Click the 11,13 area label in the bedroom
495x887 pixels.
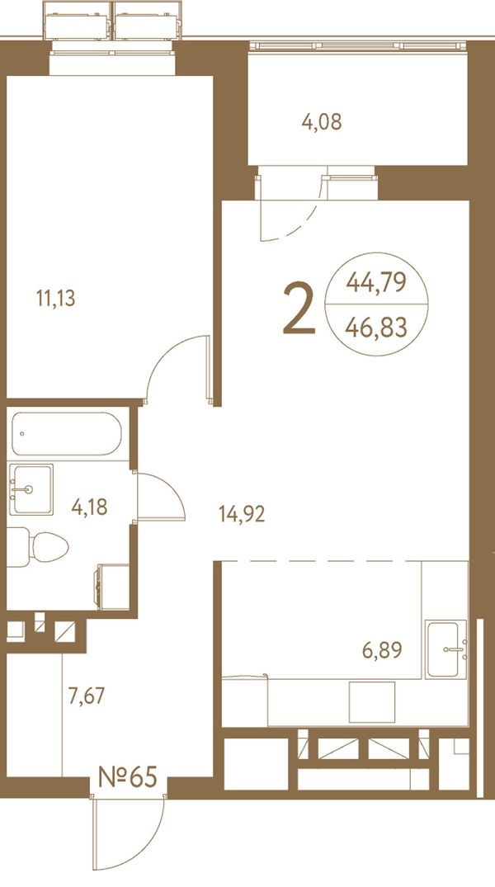coord(55,298)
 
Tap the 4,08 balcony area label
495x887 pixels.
coord(321,121)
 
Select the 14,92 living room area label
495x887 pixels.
coord(242,514)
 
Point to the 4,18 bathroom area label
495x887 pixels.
coord(89,507)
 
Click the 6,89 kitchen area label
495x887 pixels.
coord(382,650)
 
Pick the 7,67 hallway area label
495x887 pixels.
coord(86,696)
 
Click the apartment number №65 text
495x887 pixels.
coord(127,777)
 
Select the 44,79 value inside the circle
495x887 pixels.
coord(376,281)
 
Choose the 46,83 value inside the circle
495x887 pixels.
coord(376,327)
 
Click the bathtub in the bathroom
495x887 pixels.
coord(67,433)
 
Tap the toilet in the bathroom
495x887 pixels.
coord(39,547)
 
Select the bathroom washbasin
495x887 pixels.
coord(31,489)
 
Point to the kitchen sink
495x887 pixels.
coord(446,649)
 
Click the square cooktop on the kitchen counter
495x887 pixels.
coord(372,701)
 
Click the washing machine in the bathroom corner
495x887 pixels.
coord(114,587)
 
